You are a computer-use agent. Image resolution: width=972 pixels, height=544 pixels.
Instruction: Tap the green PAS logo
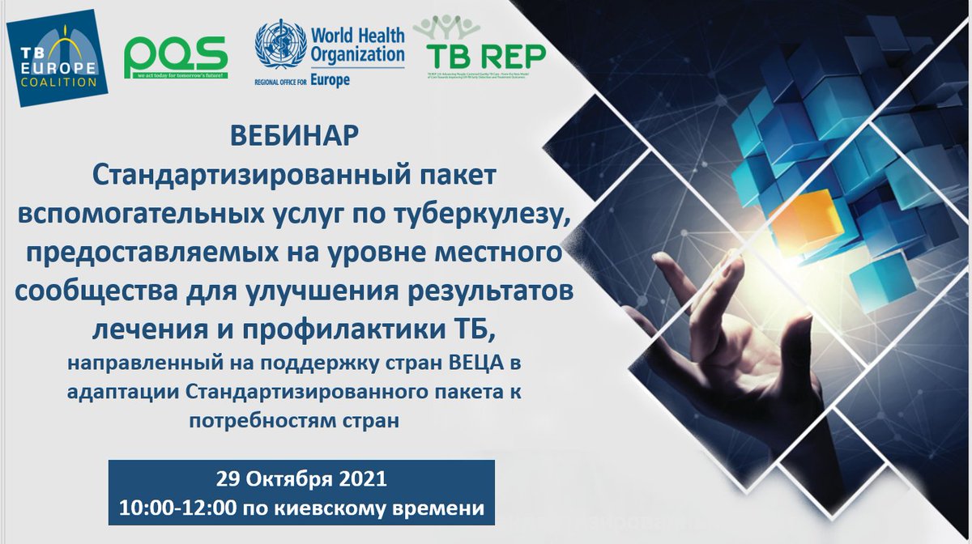[175, 58]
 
